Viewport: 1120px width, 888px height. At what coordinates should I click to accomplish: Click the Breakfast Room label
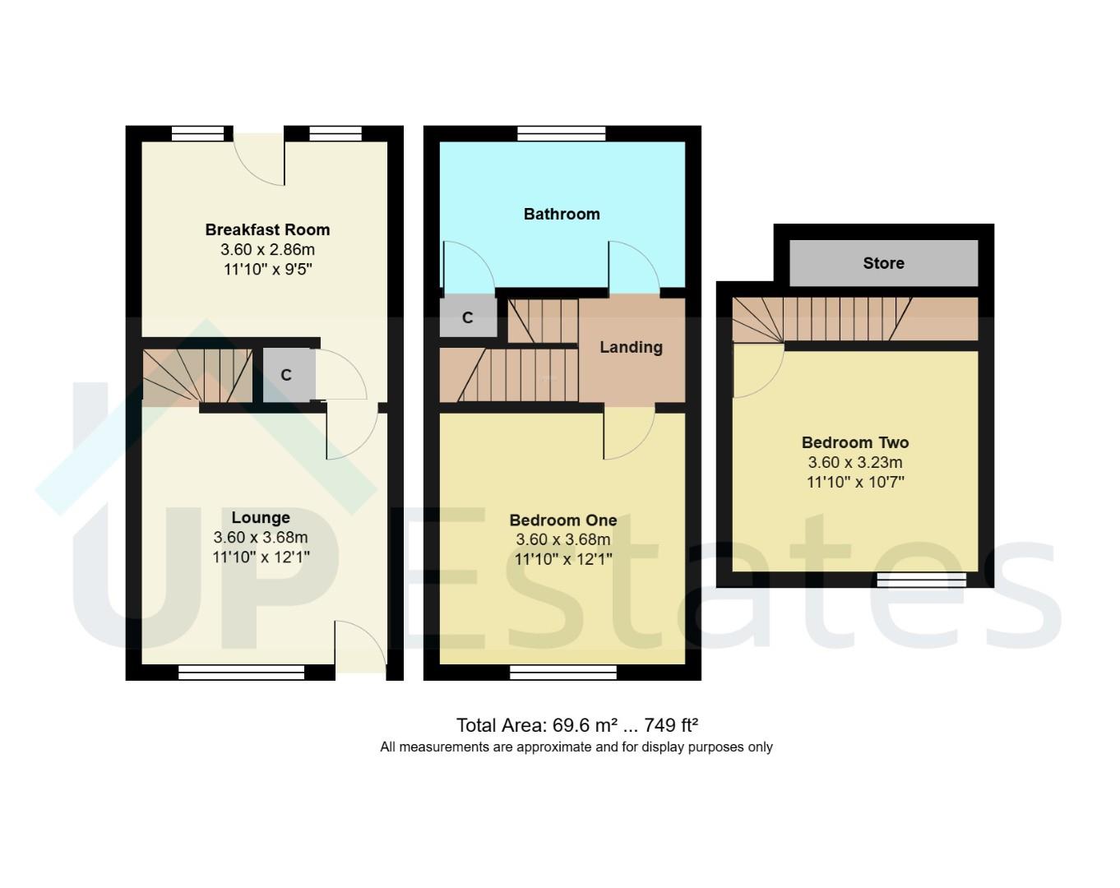[x=267, y=229]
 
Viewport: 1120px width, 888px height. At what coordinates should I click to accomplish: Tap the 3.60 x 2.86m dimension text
[x=267, y=249]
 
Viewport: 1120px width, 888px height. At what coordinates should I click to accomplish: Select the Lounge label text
[x=260, y=517]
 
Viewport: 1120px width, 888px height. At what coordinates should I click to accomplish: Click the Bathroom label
[x=562, y=214]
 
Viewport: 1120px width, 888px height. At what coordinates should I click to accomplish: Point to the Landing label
[x=631, y=347]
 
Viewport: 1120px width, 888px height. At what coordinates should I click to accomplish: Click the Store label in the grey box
[x=883, y=263]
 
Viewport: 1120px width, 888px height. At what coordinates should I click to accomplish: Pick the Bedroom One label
[x=562, y=520]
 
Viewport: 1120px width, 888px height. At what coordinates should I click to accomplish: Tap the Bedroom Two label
[x=855, y=442]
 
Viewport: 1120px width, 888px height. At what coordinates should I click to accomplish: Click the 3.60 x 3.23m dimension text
[x=855, y=462]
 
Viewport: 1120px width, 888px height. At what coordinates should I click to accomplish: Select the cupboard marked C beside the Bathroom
[x=468, y=317]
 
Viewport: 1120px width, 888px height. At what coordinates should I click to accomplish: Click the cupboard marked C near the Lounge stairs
[x=286, y=375]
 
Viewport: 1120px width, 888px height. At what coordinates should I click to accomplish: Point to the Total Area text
[x=577, y=725]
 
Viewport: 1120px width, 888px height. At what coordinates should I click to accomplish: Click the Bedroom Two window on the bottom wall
[x=921, y=580]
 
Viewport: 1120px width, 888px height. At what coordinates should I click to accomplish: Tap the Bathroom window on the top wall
[x=562, y=133]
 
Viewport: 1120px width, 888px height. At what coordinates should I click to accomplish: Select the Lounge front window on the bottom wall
[x=241, y=673]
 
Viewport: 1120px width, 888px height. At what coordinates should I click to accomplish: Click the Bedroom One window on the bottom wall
[x=563, y=673]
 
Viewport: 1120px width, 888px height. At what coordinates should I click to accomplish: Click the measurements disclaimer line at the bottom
[x=576, y=747]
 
